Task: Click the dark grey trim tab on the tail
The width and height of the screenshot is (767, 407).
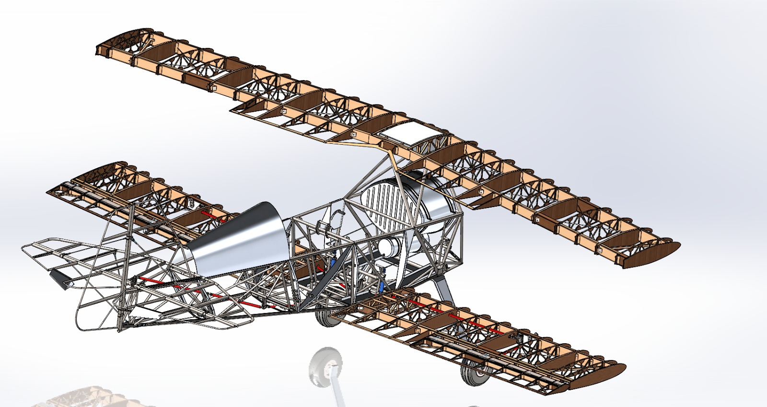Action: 59,278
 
